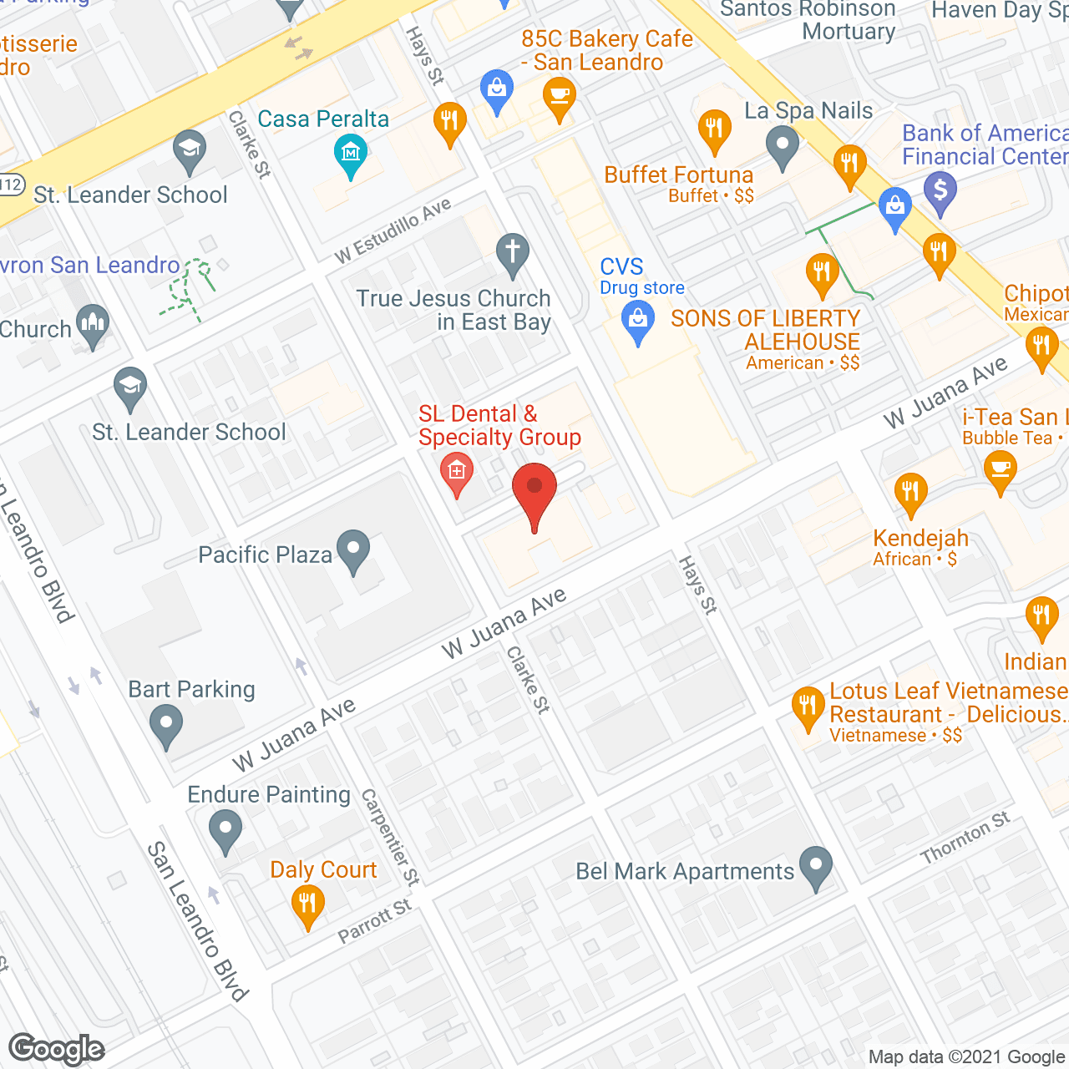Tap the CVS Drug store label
point(641,276)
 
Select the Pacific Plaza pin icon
point(354,551)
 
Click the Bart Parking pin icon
point(166,725)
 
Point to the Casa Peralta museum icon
point(351,154)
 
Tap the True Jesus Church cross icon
point(513,252)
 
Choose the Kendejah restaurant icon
point(910,493)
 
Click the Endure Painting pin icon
point(225,831)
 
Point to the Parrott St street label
point(375,921)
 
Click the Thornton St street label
point(965,838)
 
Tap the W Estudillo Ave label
point(393,231)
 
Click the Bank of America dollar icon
point(940,191)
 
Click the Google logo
point(57,1049)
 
